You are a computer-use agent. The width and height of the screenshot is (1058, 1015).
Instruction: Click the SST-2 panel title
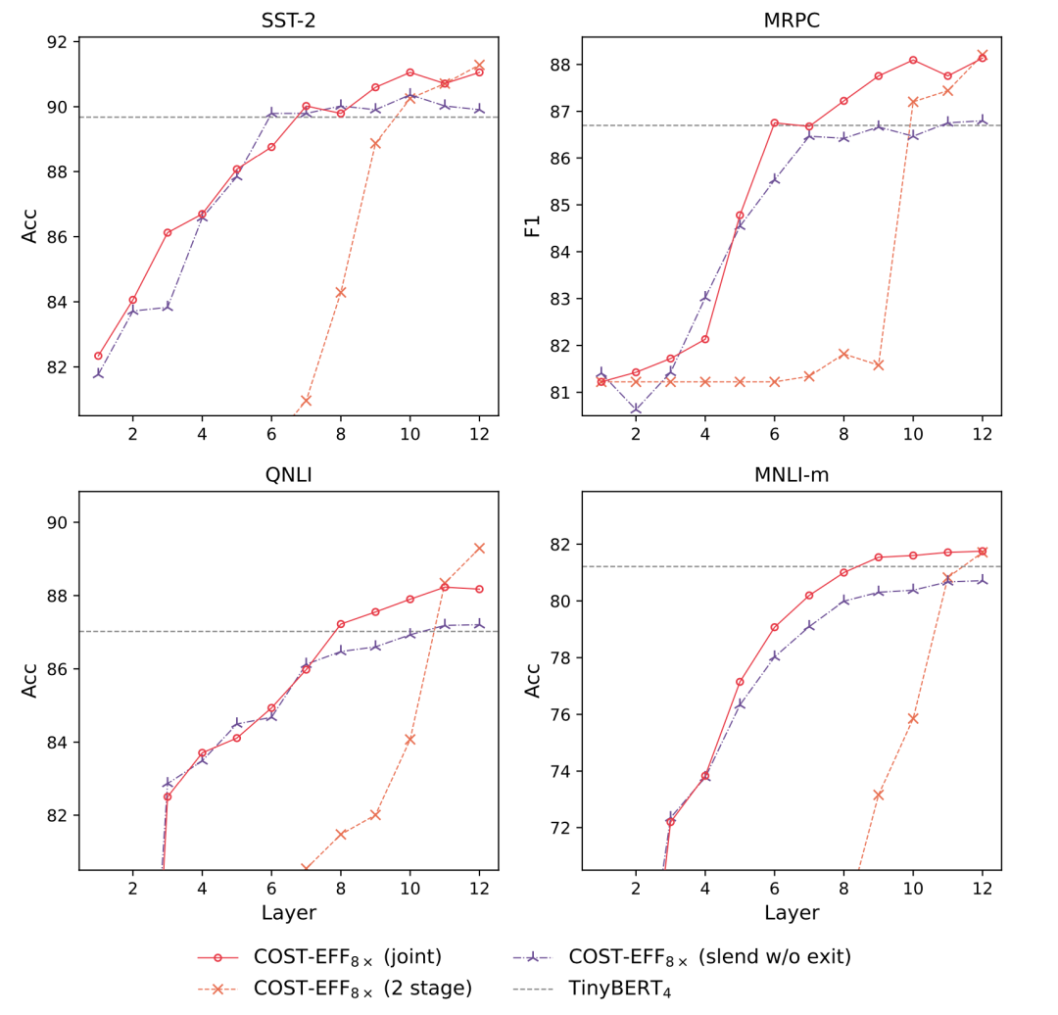(x=288, y=21)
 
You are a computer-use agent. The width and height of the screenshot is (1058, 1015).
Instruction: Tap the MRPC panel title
(x=792, y=21)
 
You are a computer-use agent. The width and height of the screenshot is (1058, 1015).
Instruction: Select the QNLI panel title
(x=288, y=475)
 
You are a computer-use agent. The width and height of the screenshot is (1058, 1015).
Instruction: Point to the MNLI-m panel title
(x=792, y=475)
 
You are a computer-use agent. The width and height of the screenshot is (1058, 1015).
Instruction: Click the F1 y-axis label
(x=533, y=226)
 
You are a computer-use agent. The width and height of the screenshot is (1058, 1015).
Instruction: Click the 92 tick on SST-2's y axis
(x=58, y=42)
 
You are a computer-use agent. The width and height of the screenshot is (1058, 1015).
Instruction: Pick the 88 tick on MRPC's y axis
(x=561, y=65)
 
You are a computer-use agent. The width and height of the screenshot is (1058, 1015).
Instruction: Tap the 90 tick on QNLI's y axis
(x=58, y=522)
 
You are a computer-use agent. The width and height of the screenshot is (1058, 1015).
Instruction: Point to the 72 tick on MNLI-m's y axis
(x=561, y=828)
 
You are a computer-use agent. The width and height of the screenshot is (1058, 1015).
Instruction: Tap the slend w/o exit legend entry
(x=709, y=956)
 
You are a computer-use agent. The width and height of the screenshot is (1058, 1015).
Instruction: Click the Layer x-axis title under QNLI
(x=288, y=913)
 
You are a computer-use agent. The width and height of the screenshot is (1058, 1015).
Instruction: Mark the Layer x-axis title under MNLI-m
(x=792, y=913)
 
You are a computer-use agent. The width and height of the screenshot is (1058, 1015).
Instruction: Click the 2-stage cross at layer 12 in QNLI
(x=479, y=548)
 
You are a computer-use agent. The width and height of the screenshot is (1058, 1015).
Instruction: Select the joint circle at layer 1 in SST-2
(x=98, y=356)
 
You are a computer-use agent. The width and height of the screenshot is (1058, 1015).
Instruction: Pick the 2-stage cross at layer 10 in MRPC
(x=913, y=102)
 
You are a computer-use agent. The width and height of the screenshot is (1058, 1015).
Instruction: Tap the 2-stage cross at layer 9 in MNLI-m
(x=878, y=795)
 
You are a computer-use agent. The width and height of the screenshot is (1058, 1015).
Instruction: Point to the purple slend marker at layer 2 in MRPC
(x=636, y=409)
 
